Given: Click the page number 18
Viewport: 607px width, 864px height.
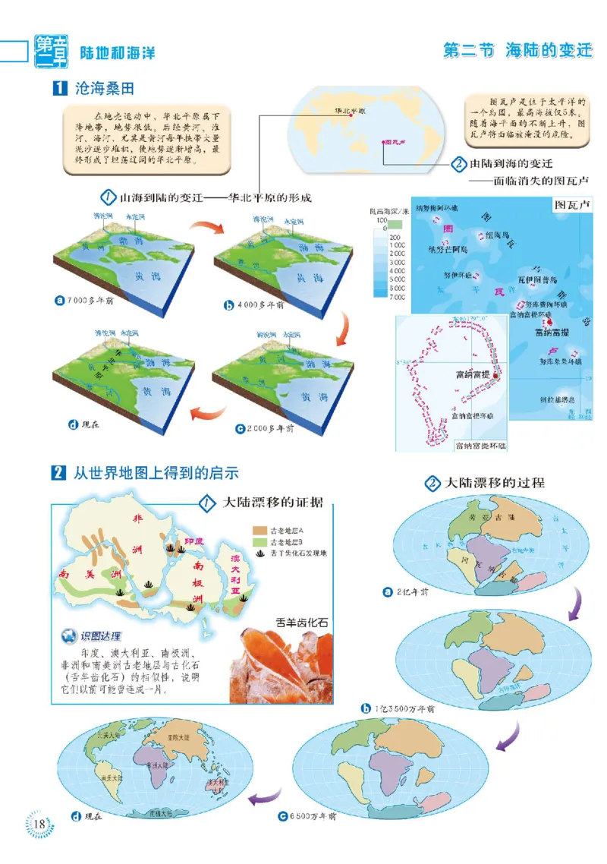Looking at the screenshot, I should (x=39, y=824).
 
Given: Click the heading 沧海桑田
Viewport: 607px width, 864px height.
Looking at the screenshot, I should (x=104, y=88).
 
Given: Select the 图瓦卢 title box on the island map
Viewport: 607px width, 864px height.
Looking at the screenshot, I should (x=571, y=206).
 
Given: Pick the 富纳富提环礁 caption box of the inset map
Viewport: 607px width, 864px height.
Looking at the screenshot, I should (x=480, y=444).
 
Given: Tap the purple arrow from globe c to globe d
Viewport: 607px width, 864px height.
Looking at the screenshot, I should (x=265, y=796).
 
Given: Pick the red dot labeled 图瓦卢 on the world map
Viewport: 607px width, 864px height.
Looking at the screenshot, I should (x=383, y=141).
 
